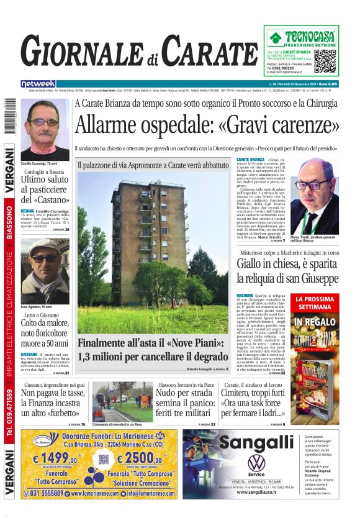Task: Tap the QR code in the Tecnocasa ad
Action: coord(325,61)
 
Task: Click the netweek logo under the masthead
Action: coord(38,83)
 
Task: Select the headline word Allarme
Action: coord(110,125)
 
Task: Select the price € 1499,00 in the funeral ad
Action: coord(55,460)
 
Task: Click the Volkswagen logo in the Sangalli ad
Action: coord(256,463)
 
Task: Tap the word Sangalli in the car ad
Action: coord(256,442)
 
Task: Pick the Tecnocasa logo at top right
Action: coord(301,38)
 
